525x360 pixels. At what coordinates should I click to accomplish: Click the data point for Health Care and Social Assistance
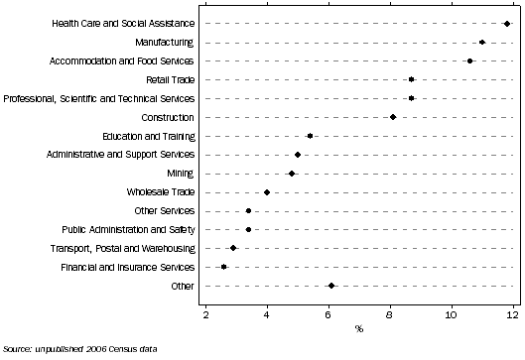(x=507, y=23)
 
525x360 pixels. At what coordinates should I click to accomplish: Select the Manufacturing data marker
(x=482, y=42)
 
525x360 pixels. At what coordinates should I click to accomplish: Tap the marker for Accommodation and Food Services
(x=470, y=60)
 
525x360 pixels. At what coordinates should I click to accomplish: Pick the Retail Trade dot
(x=412, y=79)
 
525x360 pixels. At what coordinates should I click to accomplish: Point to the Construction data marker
(x=393, y=117)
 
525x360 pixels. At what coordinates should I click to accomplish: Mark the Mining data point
(x=292, y=173)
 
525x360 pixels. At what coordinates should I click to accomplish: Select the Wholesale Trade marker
(x=267, y=192)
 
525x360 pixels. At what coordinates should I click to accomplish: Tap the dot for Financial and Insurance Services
(x=224, y=267)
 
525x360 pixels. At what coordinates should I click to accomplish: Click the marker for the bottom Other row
(x=331, y=286)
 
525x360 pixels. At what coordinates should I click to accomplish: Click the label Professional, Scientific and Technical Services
(x=99, y=98)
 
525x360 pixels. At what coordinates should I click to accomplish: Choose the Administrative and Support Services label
(x=121, y=155)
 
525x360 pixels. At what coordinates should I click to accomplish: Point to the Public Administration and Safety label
(x=128, y=229)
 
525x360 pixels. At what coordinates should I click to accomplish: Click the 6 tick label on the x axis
(x=328, y=314)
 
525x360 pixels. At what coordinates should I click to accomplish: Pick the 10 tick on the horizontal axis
(x=451, y=314)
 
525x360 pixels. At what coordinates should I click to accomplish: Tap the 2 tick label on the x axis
(x=205, y=314)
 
